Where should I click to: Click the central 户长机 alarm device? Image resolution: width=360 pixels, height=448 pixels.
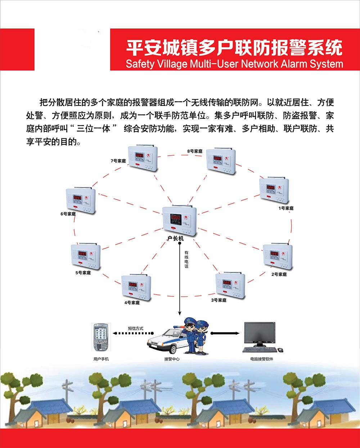point(179,220)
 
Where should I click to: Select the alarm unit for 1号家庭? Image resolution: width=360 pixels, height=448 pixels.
point(274,190)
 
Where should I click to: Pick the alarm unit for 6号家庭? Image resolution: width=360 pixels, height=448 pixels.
point(81,200)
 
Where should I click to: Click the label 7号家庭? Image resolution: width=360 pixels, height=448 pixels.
point(118,161)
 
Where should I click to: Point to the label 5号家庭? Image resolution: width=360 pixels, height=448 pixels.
point(83,273)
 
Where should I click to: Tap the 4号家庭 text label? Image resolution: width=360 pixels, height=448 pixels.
point(132,303)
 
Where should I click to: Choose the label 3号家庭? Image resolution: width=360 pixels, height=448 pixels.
point(219,300)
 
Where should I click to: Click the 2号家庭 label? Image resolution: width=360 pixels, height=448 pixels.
point(279,274)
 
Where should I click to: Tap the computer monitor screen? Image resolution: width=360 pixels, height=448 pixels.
point(259,333)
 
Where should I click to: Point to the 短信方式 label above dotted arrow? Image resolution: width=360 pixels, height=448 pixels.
point(136,328)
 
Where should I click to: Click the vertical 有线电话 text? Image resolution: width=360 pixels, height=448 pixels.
point(186,259)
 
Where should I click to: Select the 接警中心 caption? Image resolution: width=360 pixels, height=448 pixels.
point(172,359)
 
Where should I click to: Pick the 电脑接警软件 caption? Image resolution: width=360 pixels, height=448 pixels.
point(262,359)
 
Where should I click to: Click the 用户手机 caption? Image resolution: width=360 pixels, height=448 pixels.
point(101,359)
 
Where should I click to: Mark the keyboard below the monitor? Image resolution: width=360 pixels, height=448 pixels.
point(260,350)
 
